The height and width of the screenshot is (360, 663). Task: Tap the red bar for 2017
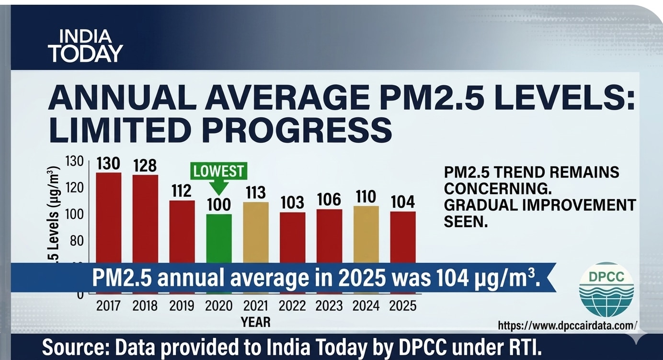109,215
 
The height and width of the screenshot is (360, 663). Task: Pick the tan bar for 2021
256,232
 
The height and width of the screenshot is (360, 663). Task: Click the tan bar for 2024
366,234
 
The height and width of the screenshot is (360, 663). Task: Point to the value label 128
145,165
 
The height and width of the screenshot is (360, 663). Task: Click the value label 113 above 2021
256,192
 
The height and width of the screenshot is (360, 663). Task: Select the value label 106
329,200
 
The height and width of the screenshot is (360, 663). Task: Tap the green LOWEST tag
219,171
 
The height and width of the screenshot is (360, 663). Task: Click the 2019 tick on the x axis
182,306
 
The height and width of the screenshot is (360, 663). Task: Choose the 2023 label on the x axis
329,306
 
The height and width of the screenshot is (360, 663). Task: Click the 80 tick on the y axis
77,240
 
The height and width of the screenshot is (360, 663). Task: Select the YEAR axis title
255,322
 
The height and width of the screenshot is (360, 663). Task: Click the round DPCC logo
606,290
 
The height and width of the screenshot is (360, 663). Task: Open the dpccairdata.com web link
567,326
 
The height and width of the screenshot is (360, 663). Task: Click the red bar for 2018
145,218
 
